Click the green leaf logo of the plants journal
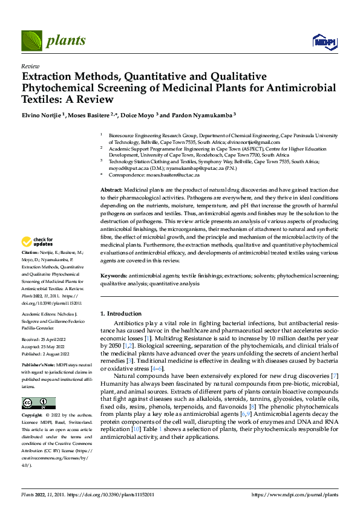[x=33, y=41]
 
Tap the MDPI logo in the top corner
[x=323, y=41]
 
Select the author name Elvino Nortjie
[x=44, y=115]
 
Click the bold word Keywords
[x=113, y=276]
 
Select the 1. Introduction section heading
[x=120, y=314]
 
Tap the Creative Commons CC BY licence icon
[x=39, y=404]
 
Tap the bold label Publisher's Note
[x=39, y=366]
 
